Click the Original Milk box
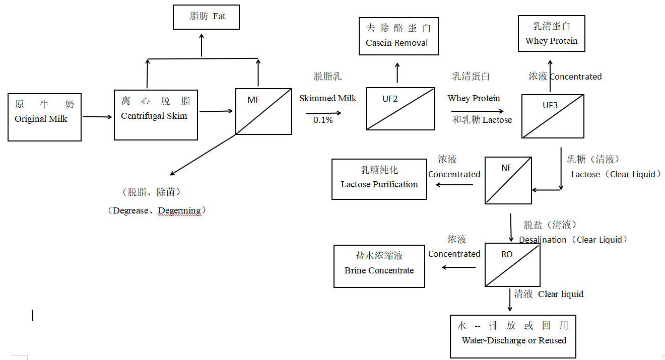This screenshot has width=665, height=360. pos(44,117)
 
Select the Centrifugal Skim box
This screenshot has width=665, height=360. pos(156,115)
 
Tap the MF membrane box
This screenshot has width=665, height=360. pos(263,111)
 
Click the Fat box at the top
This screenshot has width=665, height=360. pos(206,17)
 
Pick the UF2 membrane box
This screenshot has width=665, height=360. pos(400,109)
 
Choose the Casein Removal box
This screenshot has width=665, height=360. pos(398,36)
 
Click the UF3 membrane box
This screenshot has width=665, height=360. pos(553,116)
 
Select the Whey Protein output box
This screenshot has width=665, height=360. pos(551,34)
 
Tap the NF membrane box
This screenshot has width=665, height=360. pos(508,180)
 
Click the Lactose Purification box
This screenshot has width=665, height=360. pos(379,179)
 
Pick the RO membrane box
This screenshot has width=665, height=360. pos(512,265)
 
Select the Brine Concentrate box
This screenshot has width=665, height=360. pos(379,266)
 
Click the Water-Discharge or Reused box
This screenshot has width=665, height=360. pos(513,336)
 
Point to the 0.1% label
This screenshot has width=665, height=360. pos(323,120)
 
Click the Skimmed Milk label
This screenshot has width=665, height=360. pos(327,98)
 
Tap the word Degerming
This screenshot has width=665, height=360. pos(179,210)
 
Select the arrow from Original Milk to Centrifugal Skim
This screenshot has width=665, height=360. pos(98,117)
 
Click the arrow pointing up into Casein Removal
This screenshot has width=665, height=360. pos(397,73)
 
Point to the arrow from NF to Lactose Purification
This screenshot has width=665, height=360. pos(454,185)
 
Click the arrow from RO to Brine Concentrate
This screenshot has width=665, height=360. pos(458,267)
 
